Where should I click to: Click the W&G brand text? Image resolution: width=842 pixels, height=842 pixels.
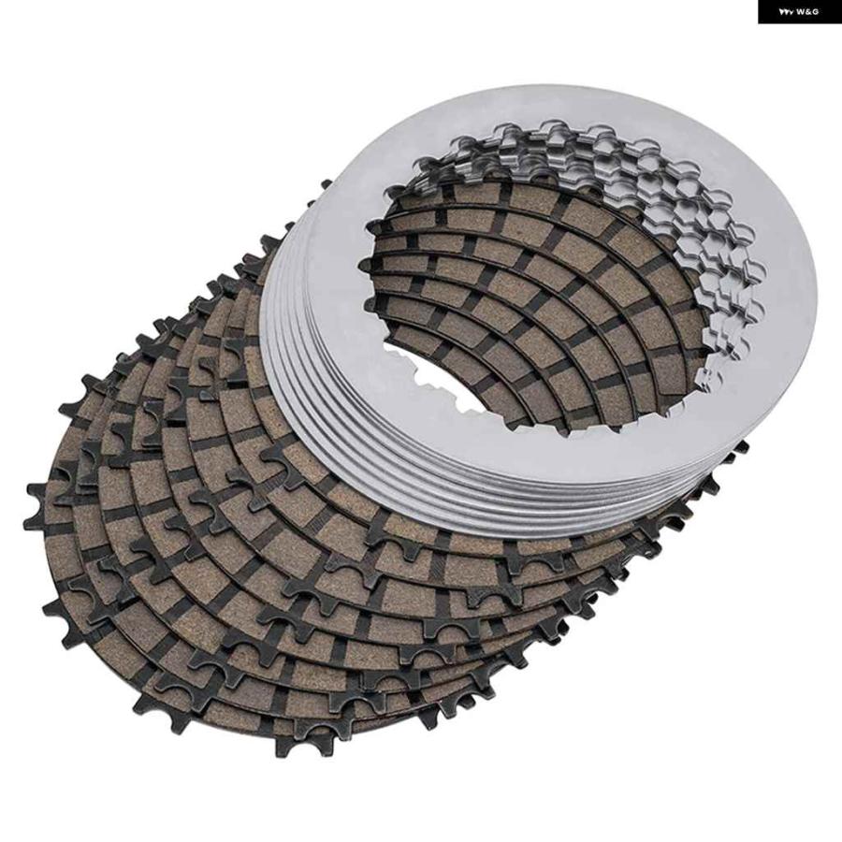tap(807, 12)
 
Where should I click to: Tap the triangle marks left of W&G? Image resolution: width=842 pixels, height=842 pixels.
tap(787, 12)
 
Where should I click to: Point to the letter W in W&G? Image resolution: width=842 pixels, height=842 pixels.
tap(801, 12)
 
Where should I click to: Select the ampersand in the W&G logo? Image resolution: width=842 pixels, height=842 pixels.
tap(808, 12)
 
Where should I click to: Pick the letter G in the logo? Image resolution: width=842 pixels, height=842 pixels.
tap(815, 12)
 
